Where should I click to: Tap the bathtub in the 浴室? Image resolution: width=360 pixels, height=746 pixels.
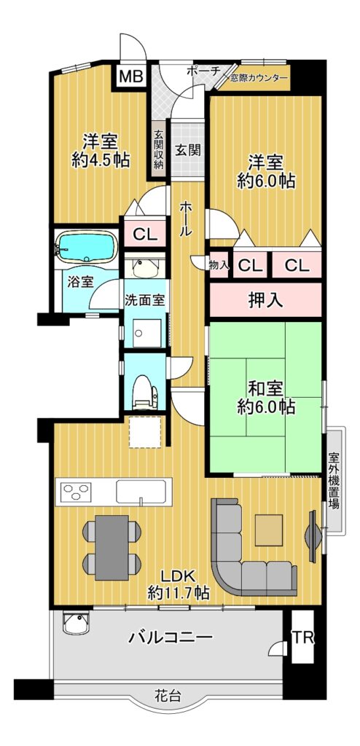point(86,247)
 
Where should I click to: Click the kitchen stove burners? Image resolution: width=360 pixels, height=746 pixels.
point(75,492)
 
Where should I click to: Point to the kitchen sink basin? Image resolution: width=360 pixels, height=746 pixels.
point(141,492)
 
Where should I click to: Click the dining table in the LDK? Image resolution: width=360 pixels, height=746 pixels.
point(112,547)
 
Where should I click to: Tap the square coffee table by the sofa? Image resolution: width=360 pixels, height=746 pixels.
point(269,530)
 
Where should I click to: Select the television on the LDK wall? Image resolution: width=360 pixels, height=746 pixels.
point(313,535)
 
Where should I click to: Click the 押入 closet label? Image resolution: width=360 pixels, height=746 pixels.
point(265,300)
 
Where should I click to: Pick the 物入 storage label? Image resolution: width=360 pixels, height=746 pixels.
point(219,265)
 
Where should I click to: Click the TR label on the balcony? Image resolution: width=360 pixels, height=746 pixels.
point(303,637)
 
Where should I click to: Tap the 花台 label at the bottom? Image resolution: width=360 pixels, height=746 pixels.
point(168,696)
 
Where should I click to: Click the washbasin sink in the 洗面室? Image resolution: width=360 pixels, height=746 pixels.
point(145,267)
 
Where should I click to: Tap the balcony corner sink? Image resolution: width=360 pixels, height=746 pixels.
point(77,624)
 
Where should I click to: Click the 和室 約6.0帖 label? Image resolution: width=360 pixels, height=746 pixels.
point(266,398)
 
